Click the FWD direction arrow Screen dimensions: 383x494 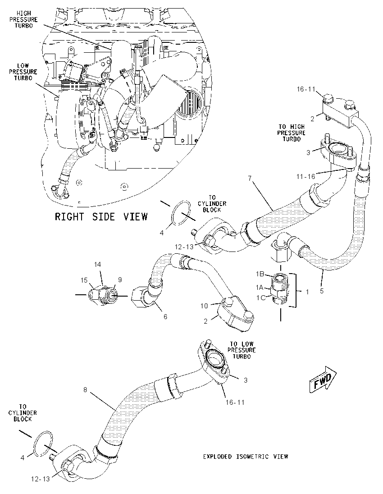(x=323, y=380)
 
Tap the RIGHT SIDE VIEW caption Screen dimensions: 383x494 (x=101, y=216)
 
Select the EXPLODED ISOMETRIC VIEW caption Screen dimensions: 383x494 (x=246, y=457)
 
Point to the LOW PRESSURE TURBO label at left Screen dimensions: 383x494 (x=23, y=72)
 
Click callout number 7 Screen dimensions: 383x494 (x=250, y=178)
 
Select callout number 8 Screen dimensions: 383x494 (x=85, y=390)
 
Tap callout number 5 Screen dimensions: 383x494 (x=322, y=291)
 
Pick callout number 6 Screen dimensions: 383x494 (x=165, y=316)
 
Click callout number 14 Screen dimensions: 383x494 (x=98, y=264)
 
